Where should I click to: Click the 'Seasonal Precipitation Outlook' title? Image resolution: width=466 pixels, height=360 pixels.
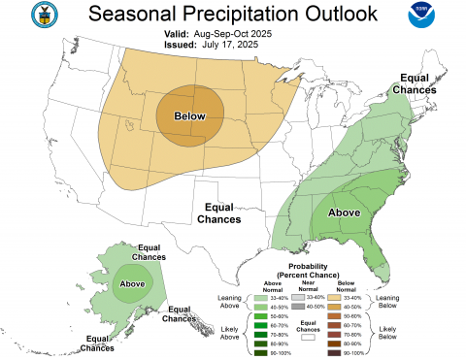pyautogui.click(x=233, y=14)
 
